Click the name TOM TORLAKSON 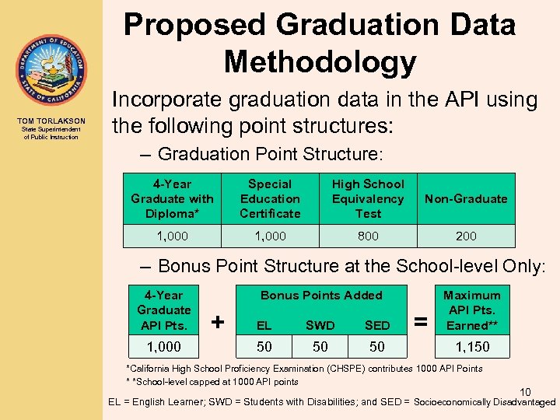pyautogui.click(x=51, y=121)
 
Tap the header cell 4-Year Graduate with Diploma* pyautogui.click(x=172, y=198)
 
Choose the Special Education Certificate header pyautogui.click(x=270, y=198)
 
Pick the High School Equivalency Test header pyautogui.click(x=368, y=198)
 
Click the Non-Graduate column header pyautogui.click(x=467, y=199)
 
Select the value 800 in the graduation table pyautogui.click(x=368, y=236)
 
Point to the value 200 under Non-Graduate pyautogui.click(x=467, y=236)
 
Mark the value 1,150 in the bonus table pyautogui.click(x=472, y=347)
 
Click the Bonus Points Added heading pyautogui.click(x=321, y=296)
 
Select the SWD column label pyautogui.click(x=320, y=325)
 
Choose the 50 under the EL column pyautogui.click(x=264, y=347)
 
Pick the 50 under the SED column pyautogui.click(x=377, y=347)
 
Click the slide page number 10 pyautogui.click(x=526, y=391)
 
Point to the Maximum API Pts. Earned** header pyautogui.click(x=472, y=310)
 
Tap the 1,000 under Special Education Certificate pyautogui.click(x=270, y=236)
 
